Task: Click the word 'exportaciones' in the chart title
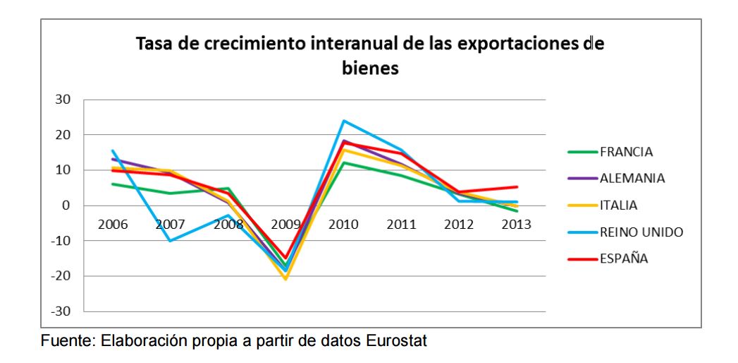pyautogui.click(x=514, y=44)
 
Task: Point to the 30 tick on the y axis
pyautogui.click(x=64, y=99)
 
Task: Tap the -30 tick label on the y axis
pyautogui.click(x=61, y=311)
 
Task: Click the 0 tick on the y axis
pyautogui.click(x=68, y=206)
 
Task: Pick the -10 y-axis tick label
pyautogui.click(x=61, y=241)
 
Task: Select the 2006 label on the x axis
pyautogui.click(x=113, y=225)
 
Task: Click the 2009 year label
pyautogui.click(x=285, y=225)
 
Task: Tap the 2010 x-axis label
pyautogui.click(x=343, y=225)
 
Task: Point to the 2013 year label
pyautogui.click(x=517, y=225)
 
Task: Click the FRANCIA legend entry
pyautogui.click(x=626, y=151)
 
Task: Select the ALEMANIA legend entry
pyautogui.click(x=632, y=178)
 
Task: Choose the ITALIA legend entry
pyautogui.click(x=619, y=205)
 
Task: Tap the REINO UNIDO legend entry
pyautogui.click(x=641, y=232)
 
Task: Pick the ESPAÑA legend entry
pyautogui.click(x=624, y=258)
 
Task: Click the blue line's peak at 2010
pyautogui.click(x=343, y=121)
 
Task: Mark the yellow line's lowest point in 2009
pyautogui.click(x=285, y=279)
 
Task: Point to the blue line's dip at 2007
pyautogui.click(x=171, y=241)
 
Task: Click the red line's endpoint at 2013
pyautogui.click(x=517, y=187)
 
